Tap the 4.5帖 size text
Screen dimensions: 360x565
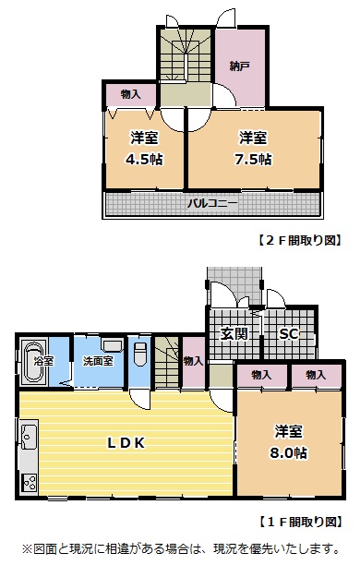(x=144, y=159)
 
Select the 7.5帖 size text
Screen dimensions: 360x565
(x=253, y=159)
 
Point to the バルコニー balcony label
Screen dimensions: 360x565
(x=212, y=204)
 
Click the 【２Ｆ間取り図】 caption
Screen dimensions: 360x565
(x=300, y=240)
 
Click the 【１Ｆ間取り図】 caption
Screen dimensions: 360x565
(x=300, y=522)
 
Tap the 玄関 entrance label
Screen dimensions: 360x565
(x=234, y=333)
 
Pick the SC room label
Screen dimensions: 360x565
(x=289, y=334)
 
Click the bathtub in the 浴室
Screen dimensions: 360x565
(x=33, y=361)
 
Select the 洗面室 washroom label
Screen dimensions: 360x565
(x=98, y=361)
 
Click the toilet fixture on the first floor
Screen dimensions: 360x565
(x=139, y=354)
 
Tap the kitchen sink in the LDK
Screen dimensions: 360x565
(x=29, y=437)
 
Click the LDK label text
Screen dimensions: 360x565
(x=126, y=443)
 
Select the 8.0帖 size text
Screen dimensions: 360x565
(x=289, y=452)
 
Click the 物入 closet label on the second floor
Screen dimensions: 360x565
(x=130, y=94)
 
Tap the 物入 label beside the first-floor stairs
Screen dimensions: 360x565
(x=193, y=361)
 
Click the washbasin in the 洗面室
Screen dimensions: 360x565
(x=113, y=346)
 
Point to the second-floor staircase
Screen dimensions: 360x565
(x=186, y=55)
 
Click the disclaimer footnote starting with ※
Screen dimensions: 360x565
(x=180, y=548)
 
